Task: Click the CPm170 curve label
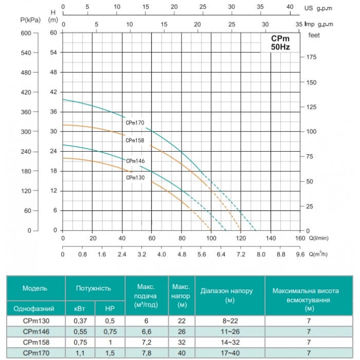[x=135, y=122]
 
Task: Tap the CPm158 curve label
[x=135, y=140]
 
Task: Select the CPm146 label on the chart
[x=135, y=161]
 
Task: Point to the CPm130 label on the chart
[x=135, y=177]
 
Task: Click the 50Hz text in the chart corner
[x=280, y=47]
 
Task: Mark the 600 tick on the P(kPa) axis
[x=26, y=33]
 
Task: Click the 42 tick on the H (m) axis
[x=53, y=92]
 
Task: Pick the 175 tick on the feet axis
[x=311, y=57]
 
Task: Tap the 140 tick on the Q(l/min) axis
[x=271, y=238]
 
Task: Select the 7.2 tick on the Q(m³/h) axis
[x=241, y=255]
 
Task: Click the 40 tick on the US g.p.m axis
[x=290, y=7]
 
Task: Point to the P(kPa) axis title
[x=30, y=20]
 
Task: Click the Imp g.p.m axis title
[x=319, y=24]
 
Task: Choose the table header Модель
[x=35, y=288]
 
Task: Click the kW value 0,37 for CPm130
[x=80, y=321]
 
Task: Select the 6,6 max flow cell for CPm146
[x=147, y=332]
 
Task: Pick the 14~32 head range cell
[x=230, y=343]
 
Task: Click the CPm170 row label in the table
[x=37, y=353]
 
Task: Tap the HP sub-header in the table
[x=110, y=309]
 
